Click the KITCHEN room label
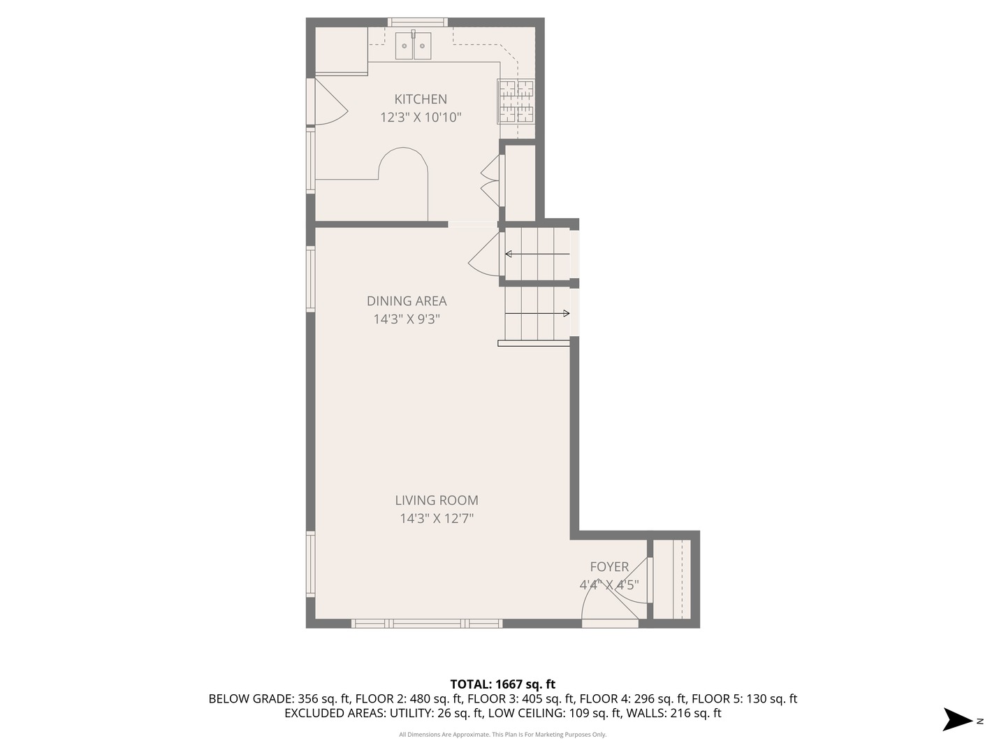point(421,99)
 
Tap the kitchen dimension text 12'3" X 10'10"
point(421,117)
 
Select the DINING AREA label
point(407,301)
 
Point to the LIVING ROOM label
point(437,500)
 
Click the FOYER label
point(609,566)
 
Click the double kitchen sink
point(413,45)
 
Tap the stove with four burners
point(516,102)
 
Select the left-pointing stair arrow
point(537,254)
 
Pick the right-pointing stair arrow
point(537,314)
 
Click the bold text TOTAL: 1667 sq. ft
point(503,684)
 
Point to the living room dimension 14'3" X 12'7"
point(437,519)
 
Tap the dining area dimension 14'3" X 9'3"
point(407,319)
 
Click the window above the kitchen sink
point(418,22)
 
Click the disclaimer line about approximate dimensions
point(502,734)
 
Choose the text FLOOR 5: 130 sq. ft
point(744,698)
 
